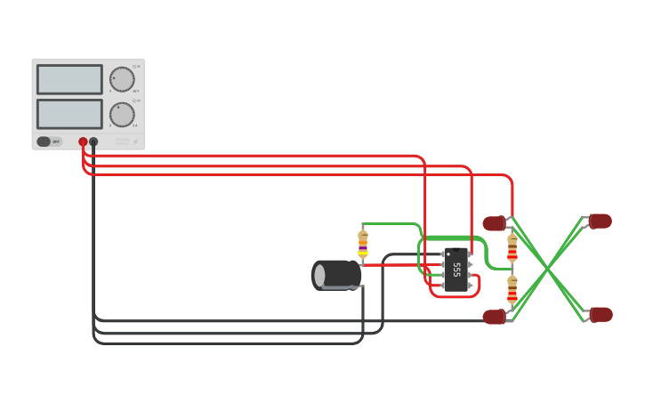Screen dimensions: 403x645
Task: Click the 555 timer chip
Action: click(456, 270)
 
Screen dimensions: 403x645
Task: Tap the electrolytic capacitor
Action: click(336, 275)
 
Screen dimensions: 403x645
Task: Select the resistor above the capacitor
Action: click(363, 244)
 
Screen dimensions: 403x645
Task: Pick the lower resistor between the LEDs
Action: click(512, 290)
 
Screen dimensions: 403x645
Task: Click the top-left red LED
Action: click(495, 223)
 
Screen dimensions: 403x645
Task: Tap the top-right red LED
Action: click(600, 221)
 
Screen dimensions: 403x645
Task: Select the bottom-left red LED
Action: click(495, 317)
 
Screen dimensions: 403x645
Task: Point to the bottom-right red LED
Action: click(601, 314)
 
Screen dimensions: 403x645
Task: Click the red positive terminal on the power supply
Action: click(83, 141)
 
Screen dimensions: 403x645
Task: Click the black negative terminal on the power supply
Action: click(93, 141)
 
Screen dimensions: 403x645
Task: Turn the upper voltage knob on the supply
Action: click(122, 79)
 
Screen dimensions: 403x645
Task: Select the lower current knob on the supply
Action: click(122, 114)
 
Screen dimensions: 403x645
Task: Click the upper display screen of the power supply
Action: click(69, 79)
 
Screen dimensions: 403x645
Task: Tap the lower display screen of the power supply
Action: click(69, 114)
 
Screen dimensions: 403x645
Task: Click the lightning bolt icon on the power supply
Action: click(135, 141)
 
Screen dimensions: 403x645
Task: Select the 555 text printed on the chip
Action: click(457, 269)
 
